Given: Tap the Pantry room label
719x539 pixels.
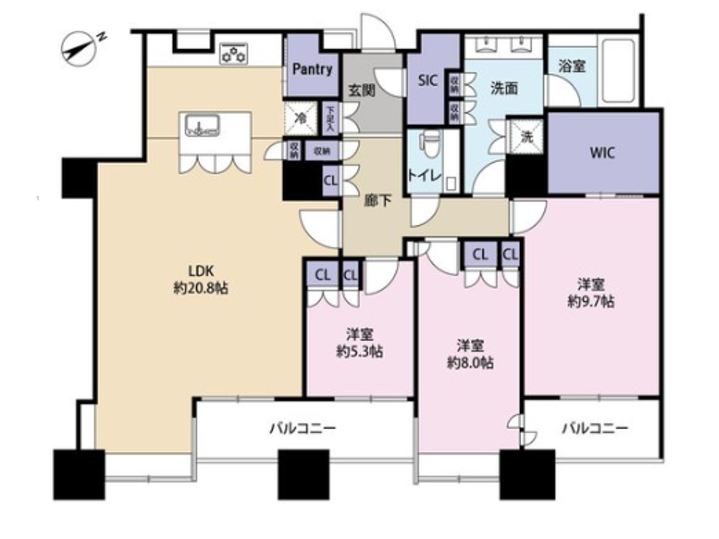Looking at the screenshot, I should pos(312,69).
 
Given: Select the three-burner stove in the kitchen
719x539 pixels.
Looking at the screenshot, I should pos(234,53).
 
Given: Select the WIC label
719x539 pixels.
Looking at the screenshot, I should pos(602,152).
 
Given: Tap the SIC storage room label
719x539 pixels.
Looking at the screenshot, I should pos(427,81).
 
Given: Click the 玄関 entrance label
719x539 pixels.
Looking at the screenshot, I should pos(362,90).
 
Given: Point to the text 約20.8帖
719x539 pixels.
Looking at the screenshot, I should pos(201,288).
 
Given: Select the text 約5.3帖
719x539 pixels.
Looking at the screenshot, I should pos(359,352).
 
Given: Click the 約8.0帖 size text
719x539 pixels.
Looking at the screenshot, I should pos(470,363).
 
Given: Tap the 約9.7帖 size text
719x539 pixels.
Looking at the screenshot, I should pos(591,301).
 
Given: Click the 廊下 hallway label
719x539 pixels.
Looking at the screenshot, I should pos(377,200).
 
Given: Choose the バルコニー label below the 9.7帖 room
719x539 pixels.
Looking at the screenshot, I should pos(594,428).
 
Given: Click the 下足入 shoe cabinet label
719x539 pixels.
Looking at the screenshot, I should pos(331,119).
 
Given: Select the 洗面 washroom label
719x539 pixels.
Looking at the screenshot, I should pos(503,88).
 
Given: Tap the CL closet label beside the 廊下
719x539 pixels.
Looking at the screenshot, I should pos(331,181).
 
